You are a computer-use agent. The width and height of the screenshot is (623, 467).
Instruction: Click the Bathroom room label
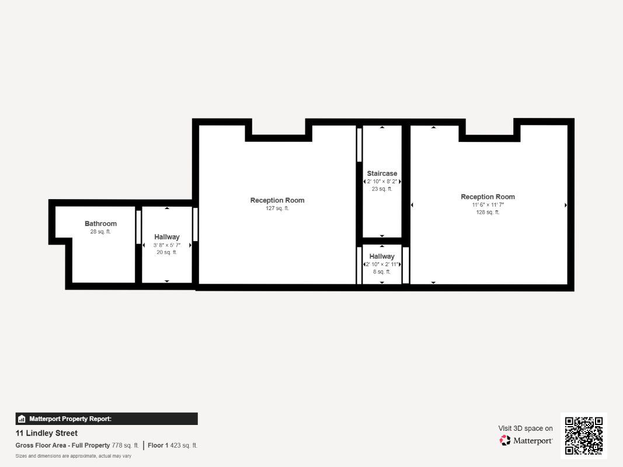[x=100, y=224]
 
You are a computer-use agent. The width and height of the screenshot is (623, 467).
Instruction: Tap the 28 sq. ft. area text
[x=100, y=232]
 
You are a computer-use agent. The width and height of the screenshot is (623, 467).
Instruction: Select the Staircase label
[x=382, y=173]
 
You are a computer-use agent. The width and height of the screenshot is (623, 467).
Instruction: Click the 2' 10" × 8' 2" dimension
[x=382, y=182]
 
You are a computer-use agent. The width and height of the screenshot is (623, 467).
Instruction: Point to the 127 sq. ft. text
[x=277, y=208]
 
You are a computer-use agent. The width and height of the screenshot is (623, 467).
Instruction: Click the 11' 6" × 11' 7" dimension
[x=488, y=205]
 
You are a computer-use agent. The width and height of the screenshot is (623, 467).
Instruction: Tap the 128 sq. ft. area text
[x=488, y=212]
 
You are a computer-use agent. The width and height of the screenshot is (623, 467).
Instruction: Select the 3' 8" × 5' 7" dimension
[x=167, y=245]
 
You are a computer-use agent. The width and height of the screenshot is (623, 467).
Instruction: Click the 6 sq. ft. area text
[x=382, y=272]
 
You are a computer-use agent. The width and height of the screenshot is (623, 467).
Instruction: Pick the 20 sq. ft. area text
[x=167, y=253]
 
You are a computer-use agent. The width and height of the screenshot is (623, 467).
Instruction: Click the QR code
[x=584, y=435]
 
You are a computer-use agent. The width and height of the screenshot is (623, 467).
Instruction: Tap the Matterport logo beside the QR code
[x=526, y=440]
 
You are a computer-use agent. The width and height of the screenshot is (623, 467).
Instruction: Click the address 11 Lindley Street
[x=46, y=433]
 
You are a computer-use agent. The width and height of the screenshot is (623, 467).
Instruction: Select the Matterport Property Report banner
[x=106, y=419]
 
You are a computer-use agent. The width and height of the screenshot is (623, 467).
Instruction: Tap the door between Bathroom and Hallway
[x=138, y=227]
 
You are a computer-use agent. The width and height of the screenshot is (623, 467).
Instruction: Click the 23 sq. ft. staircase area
[x=382, y=189]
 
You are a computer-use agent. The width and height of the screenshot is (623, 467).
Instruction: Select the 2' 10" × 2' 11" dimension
[x=382, y=264]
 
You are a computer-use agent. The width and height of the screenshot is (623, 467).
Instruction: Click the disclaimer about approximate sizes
[x=74, y=456]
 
